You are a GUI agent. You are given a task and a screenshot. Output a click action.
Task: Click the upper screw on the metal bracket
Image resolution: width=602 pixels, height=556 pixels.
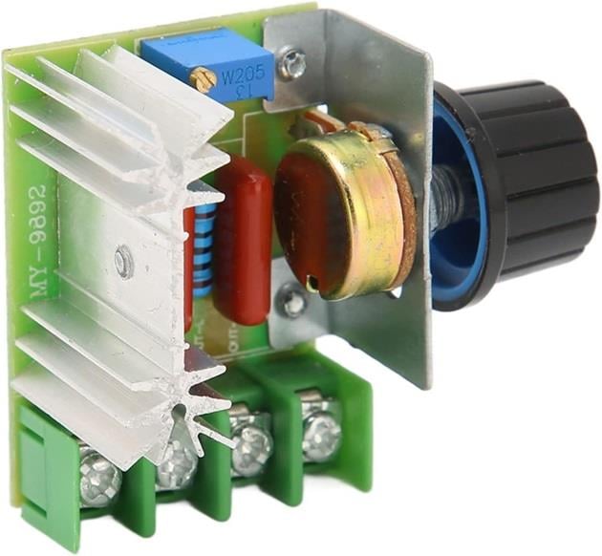point(295,66)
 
